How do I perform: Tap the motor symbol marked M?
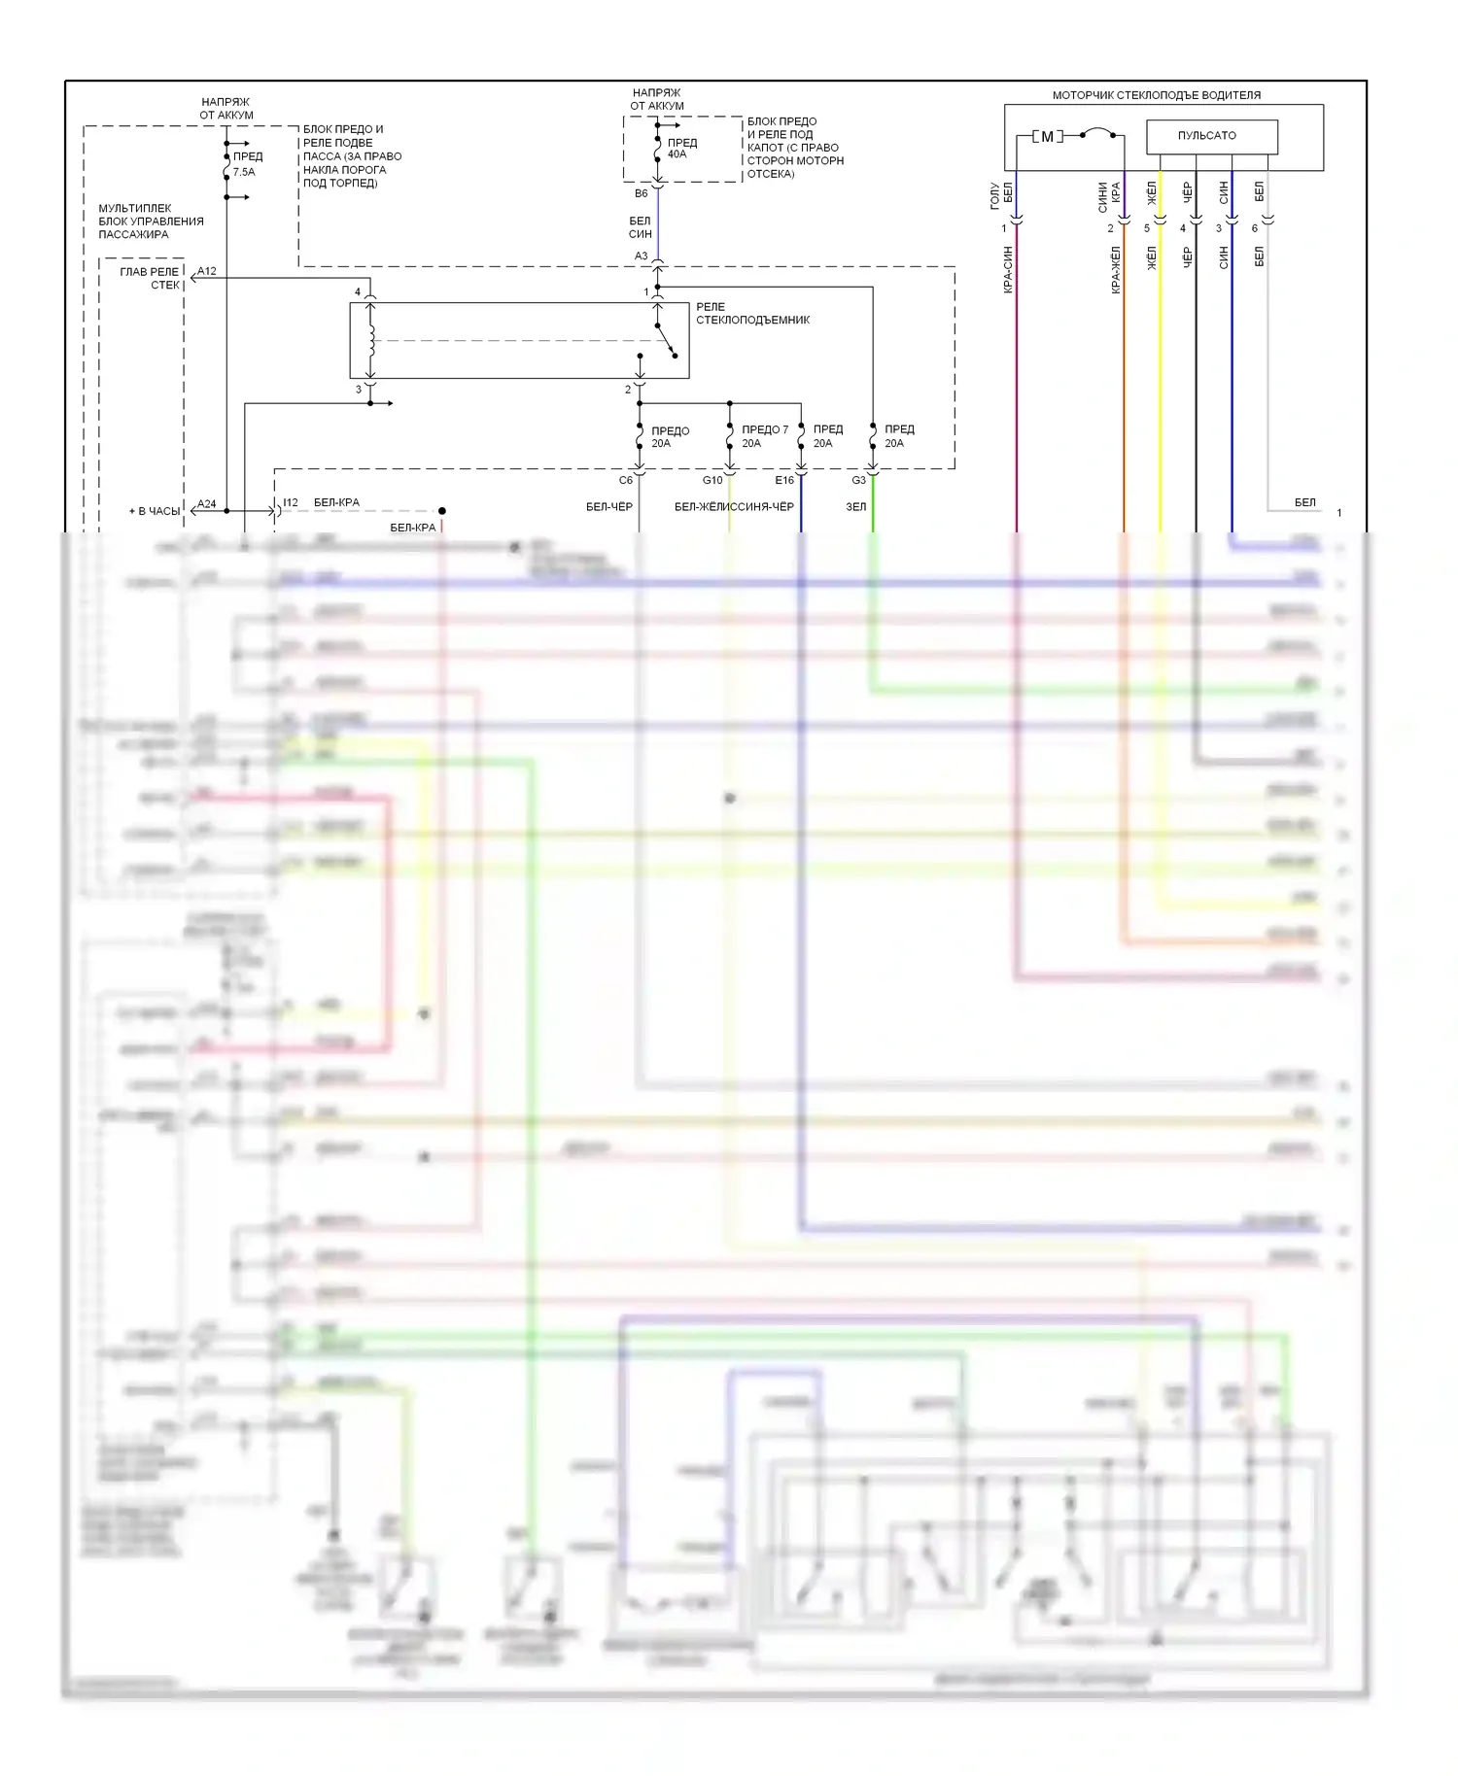pos(1047,136)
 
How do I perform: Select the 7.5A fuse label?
pos(244,172)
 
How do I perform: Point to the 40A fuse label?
pos(677,154)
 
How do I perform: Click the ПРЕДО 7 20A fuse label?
pos(764,436)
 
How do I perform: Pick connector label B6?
pos(641,193)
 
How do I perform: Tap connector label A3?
pos(641,256)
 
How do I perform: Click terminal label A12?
pos(207,271)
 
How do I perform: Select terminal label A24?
pos(207,504)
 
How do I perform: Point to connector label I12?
pos(291,503)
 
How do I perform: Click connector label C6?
pos(626,480)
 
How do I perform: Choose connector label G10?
pos(712,480)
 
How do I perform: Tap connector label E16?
pos(784,480)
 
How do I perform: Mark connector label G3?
pos(858,480)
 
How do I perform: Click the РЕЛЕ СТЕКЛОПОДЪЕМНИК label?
pos(751,313)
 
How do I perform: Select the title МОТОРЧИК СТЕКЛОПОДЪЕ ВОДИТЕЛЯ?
pos(1156,95)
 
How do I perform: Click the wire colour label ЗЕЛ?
pos(855,506)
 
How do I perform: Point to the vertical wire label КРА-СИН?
pos(1008,269)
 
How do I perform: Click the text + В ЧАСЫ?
pos(155,511)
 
